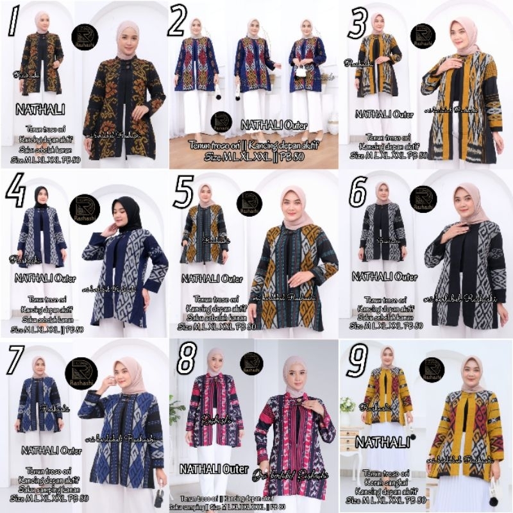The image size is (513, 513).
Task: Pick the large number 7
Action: (12, 362)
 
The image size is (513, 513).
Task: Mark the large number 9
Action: (355, 363)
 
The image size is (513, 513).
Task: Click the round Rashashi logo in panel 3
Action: (423, 36)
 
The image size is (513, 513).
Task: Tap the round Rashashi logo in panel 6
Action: (423, 199)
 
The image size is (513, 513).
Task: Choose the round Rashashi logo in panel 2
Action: (221, 122)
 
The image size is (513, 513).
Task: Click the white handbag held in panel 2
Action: (299, 71)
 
